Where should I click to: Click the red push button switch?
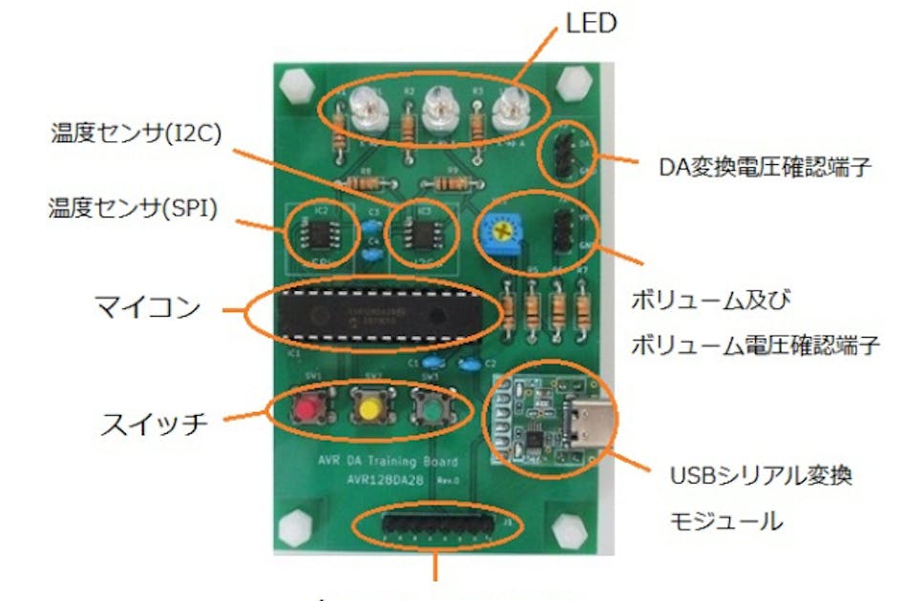click(x=305, y=410)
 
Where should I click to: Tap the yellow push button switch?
click(x=368, y=411)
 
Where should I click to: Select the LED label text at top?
click(x=592, y=23)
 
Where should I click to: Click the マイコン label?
click(x=148, y=308)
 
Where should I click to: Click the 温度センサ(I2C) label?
click(x=136, y=133)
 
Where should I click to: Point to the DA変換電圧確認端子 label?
click(x=766, y=168)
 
